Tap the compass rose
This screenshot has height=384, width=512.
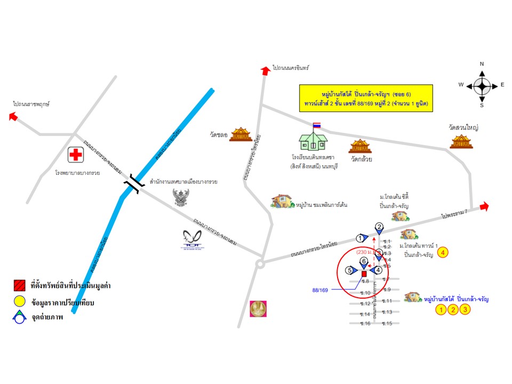[482, 85]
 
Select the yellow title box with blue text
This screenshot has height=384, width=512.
[366, 98]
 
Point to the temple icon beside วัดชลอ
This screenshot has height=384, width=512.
[241, 134]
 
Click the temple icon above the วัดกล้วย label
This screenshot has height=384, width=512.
[359, 146]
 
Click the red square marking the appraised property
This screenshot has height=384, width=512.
[364, 274]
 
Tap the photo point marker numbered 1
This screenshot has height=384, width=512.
[361, 238]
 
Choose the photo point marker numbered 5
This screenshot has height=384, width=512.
[350, 270]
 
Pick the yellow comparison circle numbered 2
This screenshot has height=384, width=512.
[453, 310]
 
